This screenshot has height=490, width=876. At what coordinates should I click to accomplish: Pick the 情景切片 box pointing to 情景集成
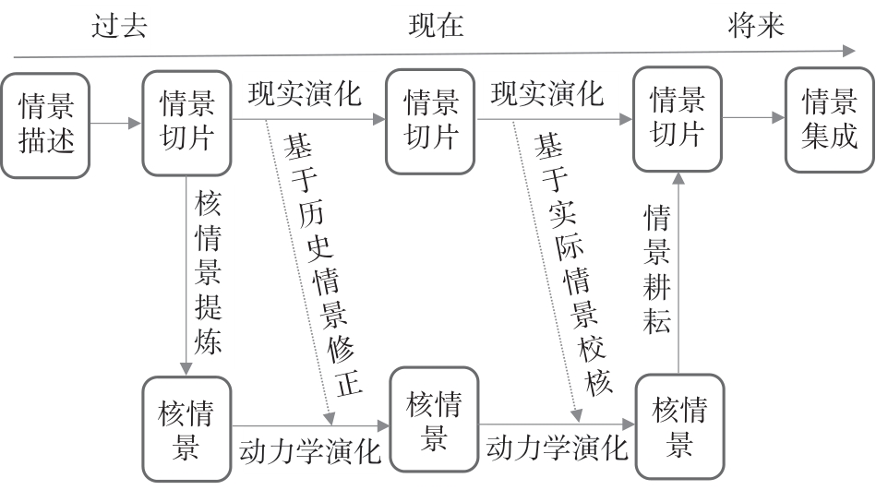pos(678,119)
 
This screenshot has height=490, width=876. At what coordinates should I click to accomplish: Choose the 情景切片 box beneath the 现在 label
pos(432,121)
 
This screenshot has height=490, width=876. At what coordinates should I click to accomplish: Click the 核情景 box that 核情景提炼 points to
pos(187,428)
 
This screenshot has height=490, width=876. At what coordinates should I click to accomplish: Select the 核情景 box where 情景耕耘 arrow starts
pos(679,424)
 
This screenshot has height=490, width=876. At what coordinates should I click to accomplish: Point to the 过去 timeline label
pos(119,26)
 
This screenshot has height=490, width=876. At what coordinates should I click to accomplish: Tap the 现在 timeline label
pos(436,26)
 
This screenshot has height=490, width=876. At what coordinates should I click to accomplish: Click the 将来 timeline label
pos(755,26)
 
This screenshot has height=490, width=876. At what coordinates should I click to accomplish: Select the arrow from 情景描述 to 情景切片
pos(116,122)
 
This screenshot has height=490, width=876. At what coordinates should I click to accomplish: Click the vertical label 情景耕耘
pos(656,269)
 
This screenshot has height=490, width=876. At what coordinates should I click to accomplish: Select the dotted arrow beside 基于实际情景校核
pos(545,268)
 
